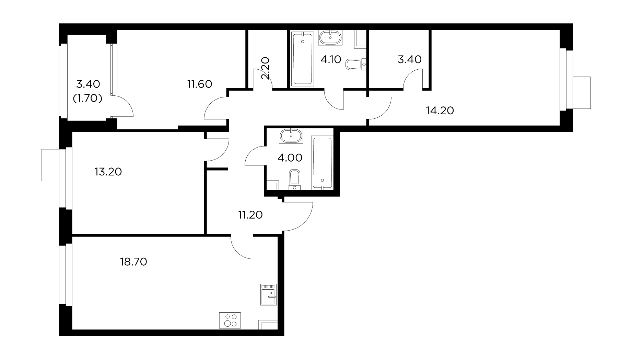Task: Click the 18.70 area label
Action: pos(133,262)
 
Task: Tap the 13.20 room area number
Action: pos(108,172)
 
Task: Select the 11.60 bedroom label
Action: pos(200,84)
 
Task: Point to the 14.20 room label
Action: pos(440,111)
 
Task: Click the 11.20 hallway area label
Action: pos(250,215)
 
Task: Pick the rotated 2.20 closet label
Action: pos(266,68)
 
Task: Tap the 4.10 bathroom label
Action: pos(330,60)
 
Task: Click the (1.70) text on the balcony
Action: pos(87,99)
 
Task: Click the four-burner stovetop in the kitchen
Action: pos(230,320)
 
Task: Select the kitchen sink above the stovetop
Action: pos(269,294)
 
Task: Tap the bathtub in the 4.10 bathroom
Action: pos(302,58)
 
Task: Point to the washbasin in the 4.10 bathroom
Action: pos(330,37)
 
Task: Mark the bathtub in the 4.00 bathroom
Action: pos(322,162)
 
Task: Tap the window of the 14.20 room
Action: pos(563,80)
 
